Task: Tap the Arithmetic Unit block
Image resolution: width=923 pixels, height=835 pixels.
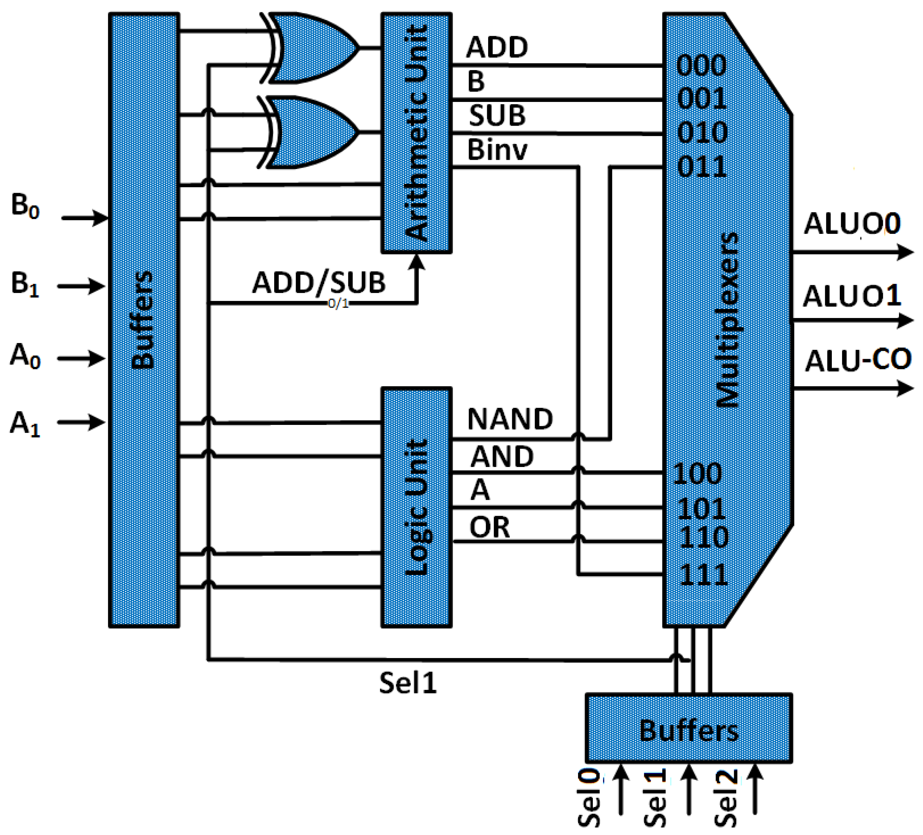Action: click(417, 133)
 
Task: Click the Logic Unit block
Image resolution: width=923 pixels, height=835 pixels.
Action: click(417, 508)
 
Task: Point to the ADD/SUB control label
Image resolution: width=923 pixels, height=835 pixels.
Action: click(319, 283)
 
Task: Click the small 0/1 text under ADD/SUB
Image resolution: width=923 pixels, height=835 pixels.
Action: click(338, 304)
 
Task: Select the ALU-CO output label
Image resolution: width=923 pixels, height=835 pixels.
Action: click(858, 360)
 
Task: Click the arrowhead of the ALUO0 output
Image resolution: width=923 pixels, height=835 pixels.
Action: click(905, 252)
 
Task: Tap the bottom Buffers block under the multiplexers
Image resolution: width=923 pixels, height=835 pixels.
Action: click(689, 731)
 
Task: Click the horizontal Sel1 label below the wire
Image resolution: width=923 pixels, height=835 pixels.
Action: click(408, 684)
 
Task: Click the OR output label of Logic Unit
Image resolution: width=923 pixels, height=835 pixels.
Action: click(489, 528)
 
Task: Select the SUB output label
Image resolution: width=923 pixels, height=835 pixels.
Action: click(497, 116)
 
